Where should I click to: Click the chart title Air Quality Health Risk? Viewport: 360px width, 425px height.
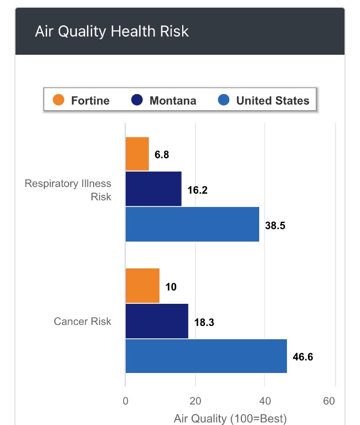coord(112,31)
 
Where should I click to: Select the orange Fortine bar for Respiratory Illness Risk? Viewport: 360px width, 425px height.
coord(137,154)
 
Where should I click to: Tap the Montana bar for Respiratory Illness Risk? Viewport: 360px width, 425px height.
coord(153,189)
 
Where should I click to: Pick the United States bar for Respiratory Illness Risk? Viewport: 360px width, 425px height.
coord(192,224)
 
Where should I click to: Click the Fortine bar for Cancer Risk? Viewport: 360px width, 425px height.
coord(142,286)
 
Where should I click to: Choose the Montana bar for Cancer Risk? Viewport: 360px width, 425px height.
coord(157,321)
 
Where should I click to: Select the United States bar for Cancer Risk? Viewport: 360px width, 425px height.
coord(206,356)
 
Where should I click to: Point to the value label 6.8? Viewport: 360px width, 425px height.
coord(162,155)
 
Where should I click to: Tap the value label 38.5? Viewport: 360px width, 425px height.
coord(275,225)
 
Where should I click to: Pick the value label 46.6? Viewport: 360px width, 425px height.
coord(303,357)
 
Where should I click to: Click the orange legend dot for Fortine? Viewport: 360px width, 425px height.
coord(59,100)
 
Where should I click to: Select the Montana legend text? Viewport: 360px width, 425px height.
coord(172,101)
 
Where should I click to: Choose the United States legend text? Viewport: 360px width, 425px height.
coord(272,101)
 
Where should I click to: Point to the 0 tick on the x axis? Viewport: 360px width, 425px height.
coord(126,401)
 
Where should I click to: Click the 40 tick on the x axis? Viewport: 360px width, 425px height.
coord(265,401)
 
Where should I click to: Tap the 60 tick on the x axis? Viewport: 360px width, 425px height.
coord(330,401)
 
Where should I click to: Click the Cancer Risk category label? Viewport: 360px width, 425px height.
coord(83,321)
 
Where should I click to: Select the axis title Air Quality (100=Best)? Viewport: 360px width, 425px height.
coord(230,418)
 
